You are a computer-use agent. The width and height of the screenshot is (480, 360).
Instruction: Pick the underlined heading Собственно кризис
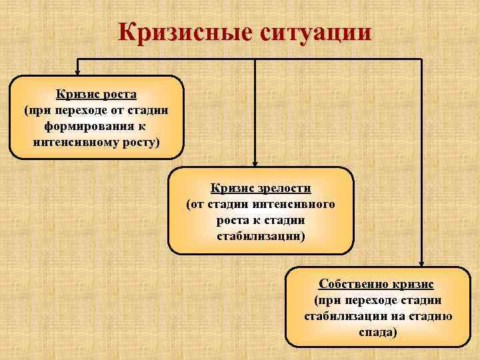pos(377,284)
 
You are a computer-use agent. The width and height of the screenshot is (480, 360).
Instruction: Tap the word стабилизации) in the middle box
pos(261,236)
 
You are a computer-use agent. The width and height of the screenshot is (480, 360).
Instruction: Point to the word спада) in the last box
pos(377,332)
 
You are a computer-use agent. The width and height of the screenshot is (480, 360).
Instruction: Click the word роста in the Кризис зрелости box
pos(233,220)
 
